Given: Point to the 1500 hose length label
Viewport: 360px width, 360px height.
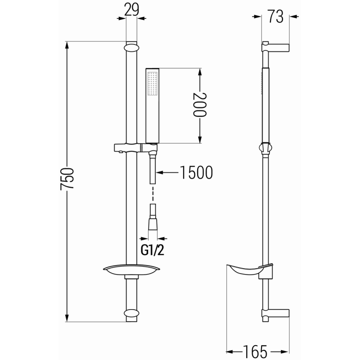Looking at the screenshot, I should [196, 172].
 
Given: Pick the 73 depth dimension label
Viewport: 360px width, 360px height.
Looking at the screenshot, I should [275, 17].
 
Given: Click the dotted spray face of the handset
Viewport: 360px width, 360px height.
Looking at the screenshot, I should [152, 85].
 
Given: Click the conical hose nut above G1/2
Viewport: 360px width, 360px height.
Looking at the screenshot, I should [153, 223].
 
